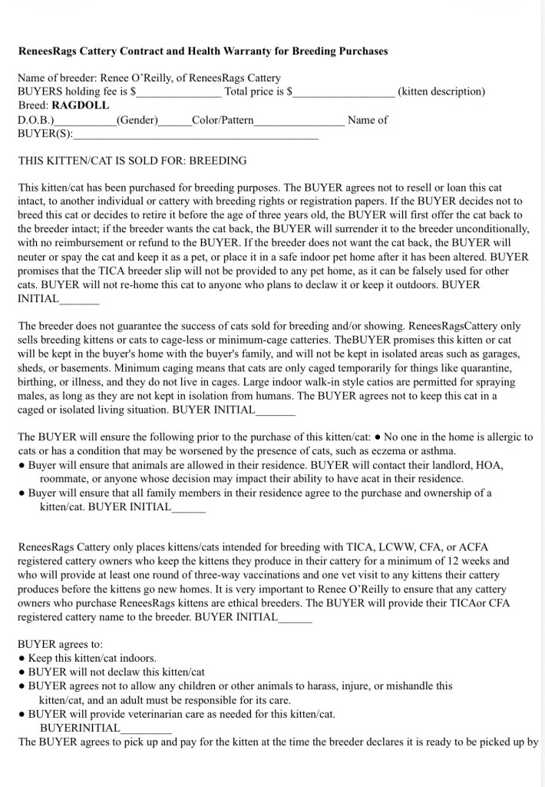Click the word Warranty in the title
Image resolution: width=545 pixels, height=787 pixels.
pos(241,51)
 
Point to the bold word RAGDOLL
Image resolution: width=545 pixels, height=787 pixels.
pos(81,106)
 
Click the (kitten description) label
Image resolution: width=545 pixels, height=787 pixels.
pos(441,91)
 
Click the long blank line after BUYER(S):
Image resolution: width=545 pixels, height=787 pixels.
pos(195,134)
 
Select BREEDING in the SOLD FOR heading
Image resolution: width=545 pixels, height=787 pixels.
pos(218,161)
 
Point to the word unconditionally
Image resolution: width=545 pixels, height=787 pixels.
pos(491,229)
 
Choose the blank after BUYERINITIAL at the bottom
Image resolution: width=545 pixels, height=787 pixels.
pos(145,728)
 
